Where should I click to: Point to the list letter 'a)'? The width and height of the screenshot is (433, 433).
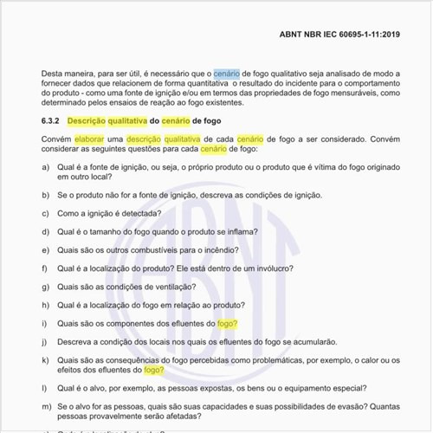[x=45, y=166]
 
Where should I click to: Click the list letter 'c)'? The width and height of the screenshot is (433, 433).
[x=45, y=212]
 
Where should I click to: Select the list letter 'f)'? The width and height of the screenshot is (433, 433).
[x=45, y=268]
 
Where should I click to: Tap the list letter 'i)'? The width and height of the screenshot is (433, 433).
[x=44, y=324]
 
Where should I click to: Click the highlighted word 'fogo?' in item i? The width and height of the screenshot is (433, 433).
[x=228, y=324]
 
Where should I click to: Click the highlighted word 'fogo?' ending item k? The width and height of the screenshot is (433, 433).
[x=154, y=370]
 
